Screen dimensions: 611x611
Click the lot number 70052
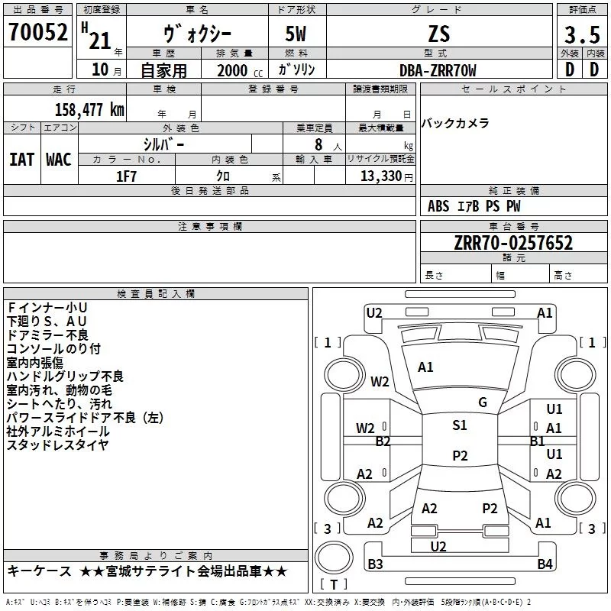(x=38, y=33)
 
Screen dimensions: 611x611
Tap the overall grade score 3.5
(x=580, y=35)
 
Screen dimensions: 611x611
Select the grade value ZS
(x=439, y=34)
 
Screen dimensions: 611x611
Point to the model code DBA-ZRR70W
(x=438, y=70)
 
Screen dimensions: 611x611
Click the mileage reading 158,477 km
(x=89, y=109)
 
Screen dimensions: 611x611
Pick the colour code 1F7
(x=126, y=176)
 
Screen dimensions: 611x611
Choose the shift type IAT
(x=22, y=160)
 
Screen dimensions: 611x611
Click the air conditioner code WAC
(x=58, y=160)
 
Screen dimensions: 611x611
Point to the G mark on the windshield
(x=483, y=402)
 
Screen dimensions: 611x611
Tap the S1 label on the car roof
(x=460, y=425)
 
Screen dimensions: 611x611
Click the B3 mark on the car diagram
(x=375, y=564)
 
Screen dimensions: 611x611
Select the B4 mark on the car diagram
(x=545, y=564)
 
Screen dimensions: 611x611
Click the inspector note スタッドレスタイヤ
(x=58, y=445)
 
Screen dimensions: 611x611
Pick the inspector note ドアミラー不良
(x=47, y=335)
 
